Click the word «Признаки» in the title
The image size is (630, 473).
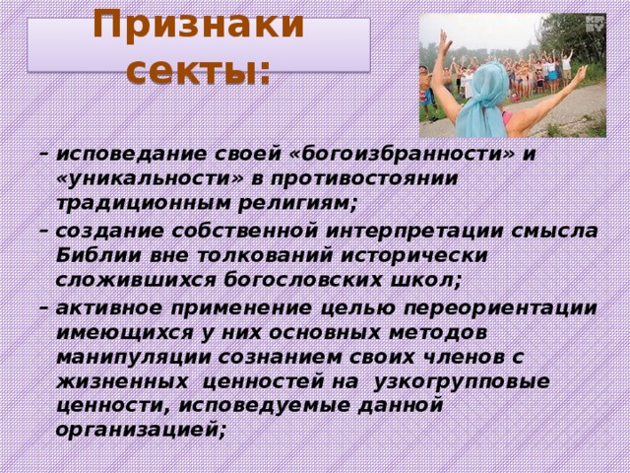point(199,25)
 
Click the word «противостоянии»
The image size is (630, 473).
point(364,179)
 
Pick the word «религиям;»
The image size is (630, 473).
point(297,204)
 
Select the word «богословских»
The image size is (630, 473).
point(302,280)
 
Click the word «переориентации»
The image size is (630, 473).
point(500,308)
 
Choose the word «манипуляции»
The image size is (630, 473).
point(134,358)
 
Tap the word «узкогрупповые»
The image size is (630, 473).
point(462,382)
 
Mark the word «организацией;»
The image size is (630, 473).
point(140,431)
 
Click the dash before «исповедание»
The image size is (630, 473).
point(43,154)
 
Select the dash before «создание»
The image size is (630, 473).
point(43,231)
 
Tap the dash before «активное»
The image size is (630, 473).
point(43,308)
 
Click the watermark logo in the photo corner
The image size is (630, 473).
point(595,24)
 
